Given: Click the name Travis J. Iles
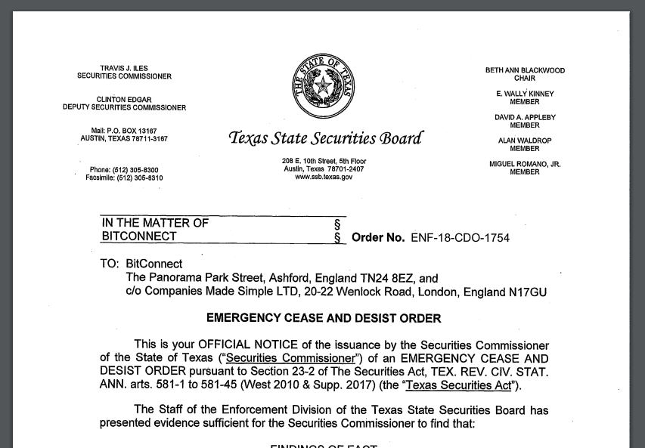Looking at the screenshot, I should click(x=124, y=69).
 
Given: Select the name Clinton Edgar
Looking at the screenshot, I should click(x=124, y=100).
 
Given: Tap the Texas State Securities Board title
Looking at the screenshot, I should click(x=325, y=138).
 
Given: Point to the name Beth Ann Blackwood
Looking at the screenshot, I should click(x=525, y=70).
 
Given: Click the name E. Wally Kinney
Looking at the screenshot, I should click(x=525, y=94).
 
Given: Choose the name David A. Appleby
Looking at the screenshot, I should click(x=525, y=117).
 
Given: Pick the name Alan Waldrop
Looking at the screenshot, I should click(x=525, y=141).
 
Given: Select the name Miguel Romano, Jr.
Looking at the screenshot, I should click(x=525, y=164).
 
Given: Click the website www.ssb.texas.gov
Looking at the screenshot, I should click(x=324, y=177).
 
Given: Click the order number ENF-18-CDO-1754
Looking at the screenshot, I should click(x=460, y=237).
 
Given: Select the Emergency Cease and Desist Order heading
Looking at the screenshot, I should click(x=324, y=318).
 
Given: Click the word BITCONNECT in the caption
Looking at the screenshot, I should click(x=139, y=236).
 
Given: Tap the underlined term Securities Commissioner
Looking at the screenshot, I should click(x=290, y=358).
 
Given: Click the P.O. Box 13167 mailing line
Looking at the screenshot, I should click(x=124, y=131).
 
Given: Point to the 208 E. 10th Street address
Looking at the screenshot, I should click(x=324, y=161).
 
